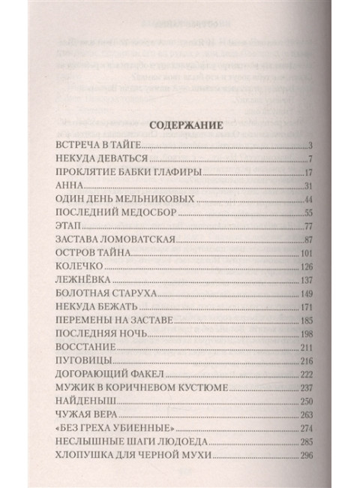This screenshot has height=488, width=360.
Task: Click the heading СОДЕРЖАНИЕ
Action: tap(180, 127)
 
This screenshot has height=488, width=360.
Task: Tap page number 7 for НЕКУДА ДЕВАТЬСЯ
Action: tap(309, 159)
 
